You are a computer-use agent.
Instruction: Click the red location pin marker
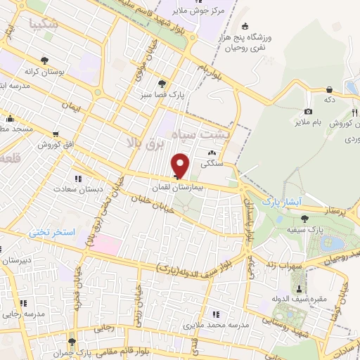180,166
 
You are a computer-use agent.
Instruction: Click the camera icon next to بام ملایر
308,112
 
